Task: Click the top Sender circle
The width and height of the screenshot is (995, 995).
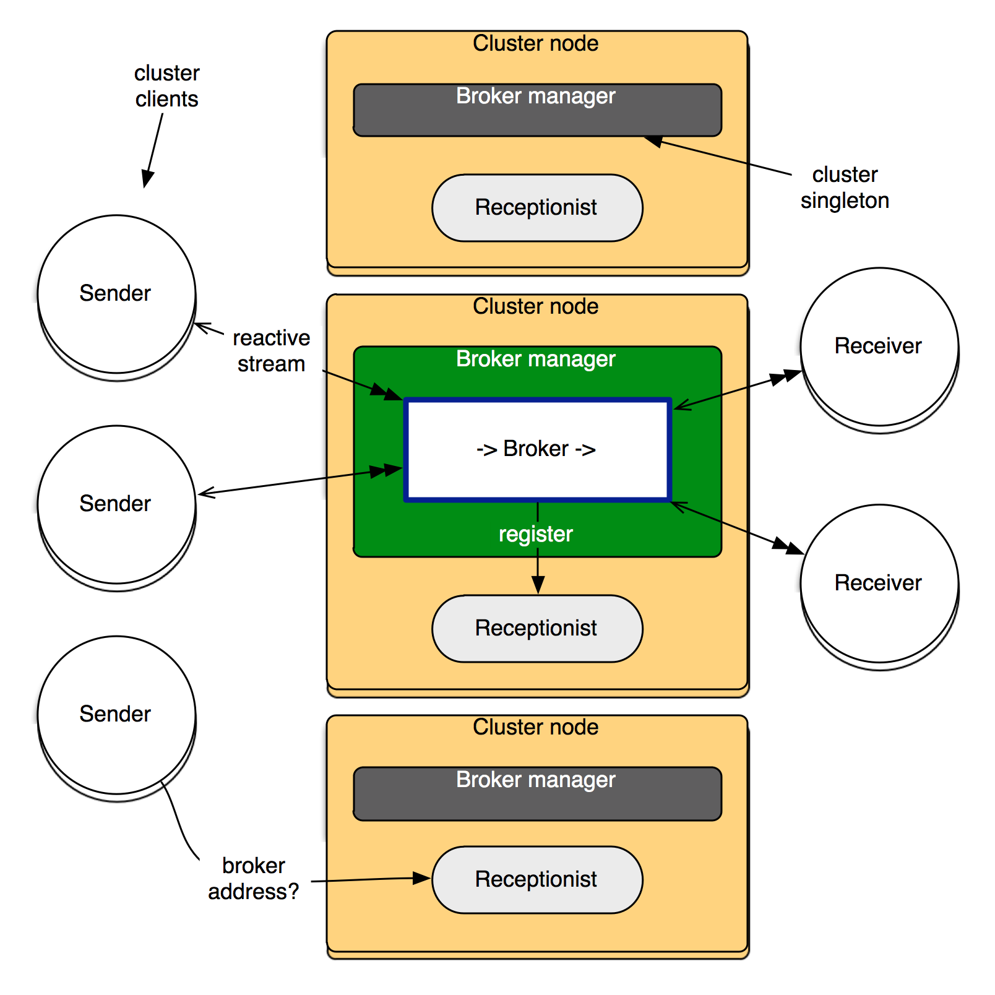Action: pyautogui.click(x=116, y=295)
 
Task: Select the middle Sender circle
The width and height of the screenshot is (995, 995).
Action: pyautogui.click(x=116, y=504)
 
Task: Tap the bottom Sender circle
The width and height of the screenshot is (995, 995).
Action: pyautogui.click(x=116, y=715)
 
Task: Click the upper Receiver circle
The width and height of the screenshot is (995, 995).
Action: pyautogui.click(x=879, y=347)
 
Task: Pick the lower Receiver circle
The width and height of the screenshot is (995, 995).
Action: pyautogui.click(x=879, y=584)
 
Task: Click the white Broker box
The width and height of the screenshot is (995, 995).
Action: pyautogui.click(x=537, y=449)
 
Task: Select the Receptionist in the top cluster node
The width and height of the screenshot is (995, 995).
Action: pyautogui.click(x=537, y=208)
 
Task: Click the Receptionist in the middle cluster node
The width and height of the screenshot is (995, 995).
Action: pyautogui.click(x=537, y=629)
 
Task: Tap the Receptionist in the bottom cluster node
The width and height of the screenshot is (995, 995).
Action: pyautogui.click(x=537, y=880)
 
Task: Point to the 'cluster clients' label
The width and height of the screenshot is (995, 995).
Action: pyautogui.click(x=168, y=87)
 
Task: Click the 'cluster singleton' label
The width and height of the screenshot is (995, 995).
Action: pyautogui.click(x=846, y=188)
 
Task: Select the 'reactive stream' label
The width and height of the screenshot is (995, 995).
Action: pyautogui.click(x=272, y=351)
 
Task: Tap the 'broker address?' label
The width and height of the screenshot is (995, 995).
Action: pyautogui.click(x=254, y=879)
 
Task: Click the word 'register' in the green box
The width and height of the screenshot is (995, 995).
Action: pyautogui.click(x=536, y=534)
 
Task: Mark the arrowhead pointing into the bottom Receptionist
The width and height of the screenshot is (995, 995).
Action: pyautogui.click(x=423, y=877)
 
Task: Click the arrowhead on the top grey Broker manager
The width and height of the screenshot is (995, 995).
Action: pyautogui.click(x=653, y=141)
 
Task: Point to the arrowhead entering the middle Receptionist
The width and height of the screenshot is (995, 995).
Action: pyautogui.click(x=538, y=585)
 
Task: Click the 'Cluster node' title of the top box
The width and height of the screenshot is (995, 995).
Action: pyautogui.click(x=536, y=44)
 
